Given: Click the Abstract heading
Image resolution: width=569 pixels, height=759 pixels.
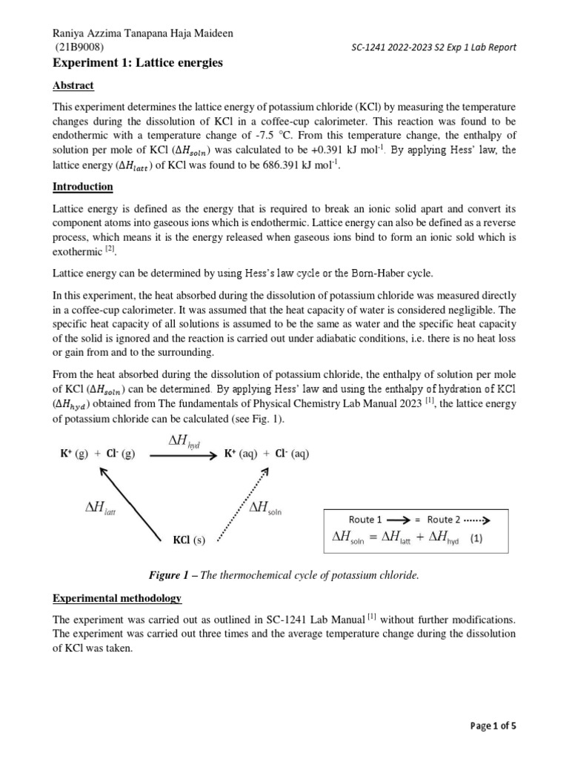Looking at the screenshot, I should point(74,85).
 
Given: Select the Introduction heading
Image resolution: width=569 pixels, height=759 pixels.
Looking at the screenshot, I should point(83,186).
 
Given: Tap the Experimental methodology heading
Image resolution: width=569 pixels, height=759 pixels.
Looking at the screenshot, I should point(119,597).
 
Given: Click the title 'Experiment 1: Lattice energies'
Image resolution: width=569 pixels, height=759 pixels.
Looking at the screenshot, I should point(138,64).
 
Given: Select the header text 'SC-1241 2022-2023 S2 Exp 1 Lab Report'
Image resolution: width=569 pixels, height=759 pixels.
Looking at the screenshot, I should point(433,48).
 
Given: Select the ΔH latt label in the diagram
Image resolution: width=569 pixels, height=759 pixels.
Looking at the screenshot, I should point(102,508).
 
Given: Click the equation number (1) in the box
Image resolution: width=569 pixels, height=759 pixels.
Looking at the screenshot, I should point(474,540).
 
